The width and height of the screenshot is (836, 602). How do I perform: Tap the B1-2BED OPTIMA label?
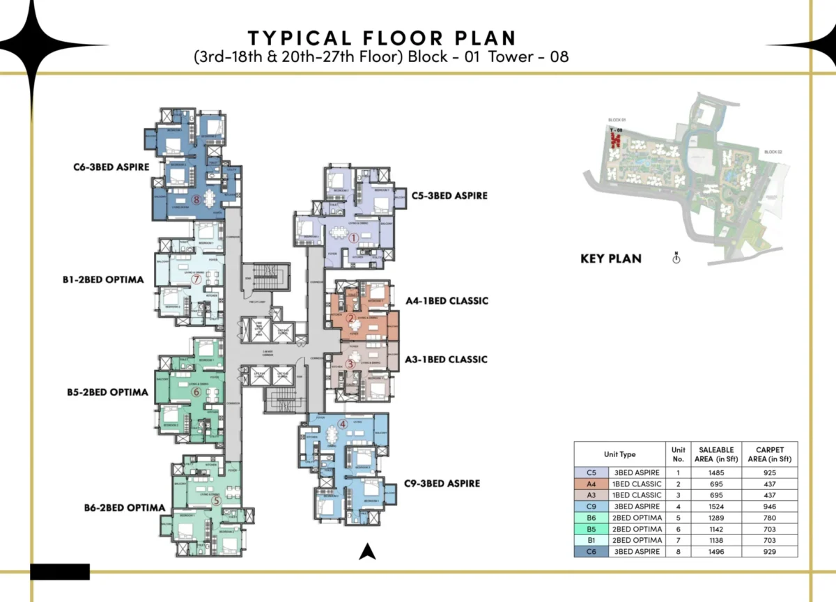pos(103,280)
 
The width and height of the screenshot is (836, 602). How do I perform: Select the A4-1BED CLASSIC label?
pos(447,301)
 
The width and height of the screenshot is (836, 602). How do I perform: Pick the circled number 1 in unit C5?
pos(353,238)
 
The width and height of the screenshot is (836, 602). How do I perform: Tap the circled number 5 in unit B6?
pos(217,500)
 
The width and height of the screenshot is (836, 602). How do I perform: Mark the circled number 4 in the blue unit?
pos(342,424)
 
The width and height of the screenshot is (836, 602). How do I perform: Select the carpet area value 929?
pos(769,551)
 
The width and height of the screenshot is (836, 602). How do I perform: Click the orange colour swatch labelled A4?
pos(591,484)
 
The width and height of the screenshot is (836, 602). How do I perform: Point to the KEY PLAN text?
pos(610,258)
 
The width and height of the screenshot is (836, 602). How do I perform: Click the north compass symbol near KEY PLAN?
pos(675,258)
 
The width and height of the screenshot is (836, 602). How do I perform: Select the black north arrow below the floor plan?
pos(367,552)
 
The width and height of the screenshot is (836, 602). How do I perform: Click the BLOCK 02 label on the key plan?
pos(773,151)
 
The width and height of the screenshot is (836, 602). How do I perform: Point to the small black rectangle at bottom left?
pos(60,571)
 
